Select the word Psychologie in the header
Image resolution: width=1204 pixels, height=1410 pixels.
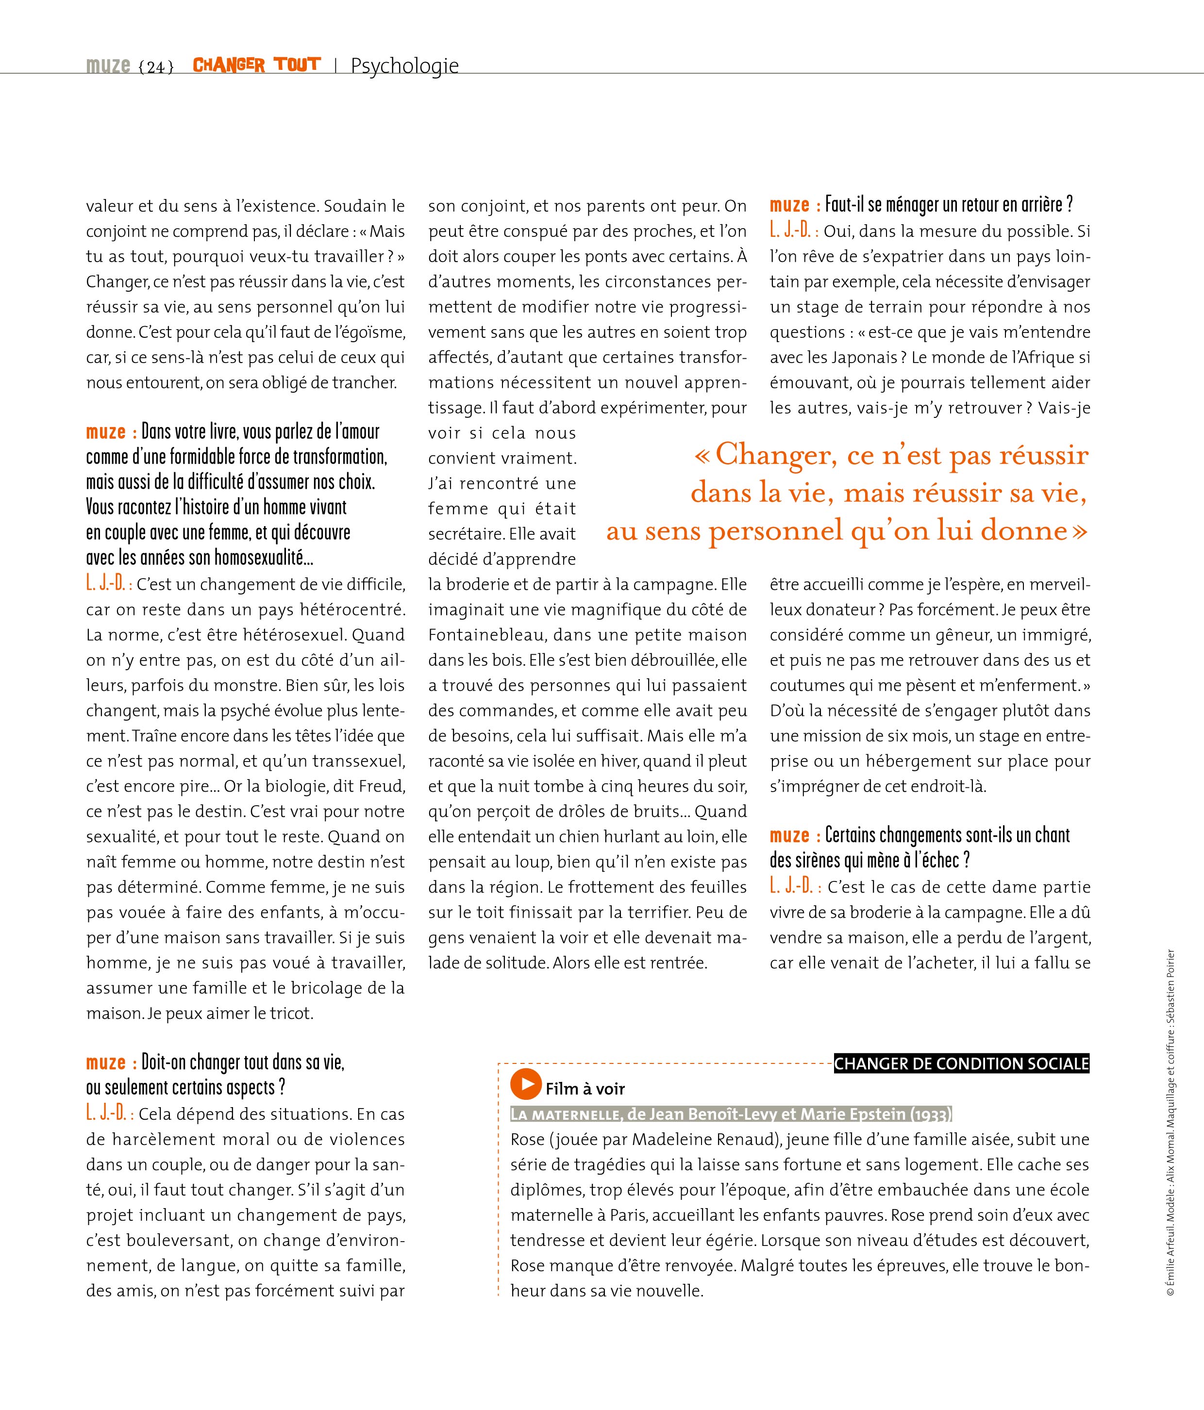(405, 66)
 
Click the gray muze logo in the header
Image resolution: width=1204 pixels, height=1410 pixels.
(108, 66)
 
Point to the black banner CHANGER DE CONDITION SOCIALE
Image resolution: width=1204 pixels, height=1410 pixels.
(961, 1063)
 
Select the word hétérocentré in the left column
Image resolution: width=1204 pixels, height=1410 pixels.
(356, 610)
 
